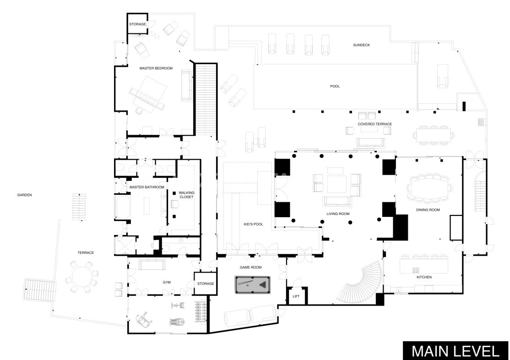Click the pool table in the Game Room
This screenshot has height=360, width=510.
coord(252,285)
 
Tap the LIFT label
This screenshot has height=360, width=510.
coord(296,296)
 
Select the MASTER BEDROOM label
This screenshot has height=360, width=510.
coord(156,68)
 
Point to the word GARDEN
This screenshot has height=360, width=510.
coord(24,195)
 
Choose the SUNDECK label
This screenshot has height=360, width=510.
coord(361,45)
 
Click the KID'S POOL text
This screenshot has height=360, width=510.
coord(253,224)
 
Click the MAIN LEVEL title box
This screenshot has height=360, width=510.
coord(456,350)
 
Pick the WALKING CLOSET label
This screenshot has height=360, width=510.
coord(186,194)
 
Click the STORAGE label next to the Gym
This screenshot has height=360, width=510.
coord(206,284)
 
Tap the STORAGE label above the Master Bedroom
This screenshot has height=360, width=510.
coord(137,24)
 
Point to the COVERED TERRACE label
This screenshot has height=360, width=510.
coord(374,124)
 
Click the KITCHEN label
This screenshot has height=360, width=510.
coord(424,277)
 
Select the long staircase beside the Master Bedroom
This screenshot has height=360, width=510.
coord(206,99)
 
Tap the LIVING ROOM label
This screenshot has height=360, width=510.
coord(338,214)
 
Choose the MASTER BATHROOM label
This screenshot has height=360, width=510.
coord(146,187)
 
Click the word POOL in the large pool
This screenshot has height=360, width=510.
coord(335,86)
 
